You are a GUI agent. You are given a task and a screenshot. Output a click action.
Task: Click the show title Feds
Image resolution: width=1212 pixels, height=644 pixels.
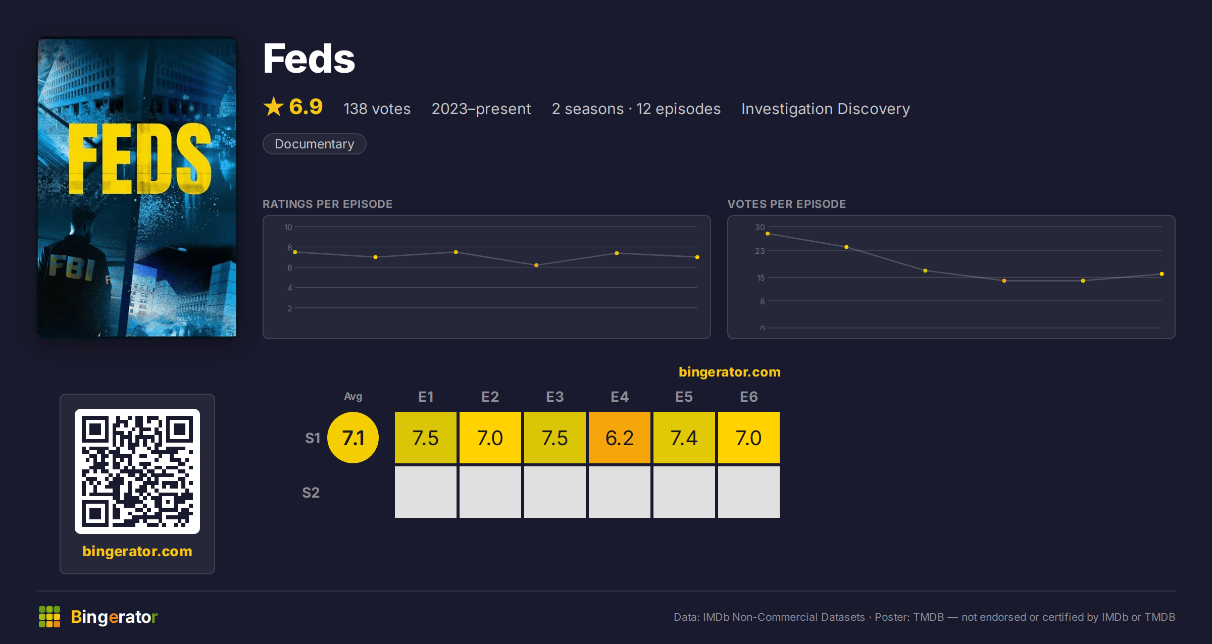309,59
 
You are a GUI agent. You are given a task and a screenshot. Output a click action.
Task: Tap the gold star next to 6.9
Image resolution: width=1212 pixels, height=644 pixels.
274,106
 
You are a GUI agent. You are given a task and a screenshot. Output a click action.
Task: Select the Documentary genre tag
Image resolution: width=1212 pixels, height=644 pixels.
314,144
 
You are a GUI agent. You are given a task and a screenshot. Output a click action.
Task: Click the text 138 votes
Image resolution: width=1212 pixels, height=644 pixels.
377,109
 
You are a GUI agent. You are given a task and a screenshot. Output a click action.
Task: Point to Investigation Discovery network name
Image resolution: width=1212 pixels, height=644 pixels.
825,109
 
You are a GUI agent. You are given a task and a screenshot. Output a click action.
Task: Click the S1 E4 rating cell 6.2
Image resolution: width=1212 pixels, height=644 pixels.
619,438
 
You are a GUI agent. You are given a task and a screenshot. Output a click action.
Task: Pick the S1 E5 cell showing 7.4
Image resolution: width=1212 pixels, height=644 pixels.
684,438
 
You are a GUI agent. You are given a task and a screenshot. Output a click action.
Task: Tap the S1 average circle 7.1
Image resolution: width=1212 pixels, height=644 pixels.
353,438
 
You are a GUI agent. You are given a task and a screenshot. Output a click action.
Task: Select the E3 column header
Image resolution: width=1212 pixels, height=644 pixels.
554,397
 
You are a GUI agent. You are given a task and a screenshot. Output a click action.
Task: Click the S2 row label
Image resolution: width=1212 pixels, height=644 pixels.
311,493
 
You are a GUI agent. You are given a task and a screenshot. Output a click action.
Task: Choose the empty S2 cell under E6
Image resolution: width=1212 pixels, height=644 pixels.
748,492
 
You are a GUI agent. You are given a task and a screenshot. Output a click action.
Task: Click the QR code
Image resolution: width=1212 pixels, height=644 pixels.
137,471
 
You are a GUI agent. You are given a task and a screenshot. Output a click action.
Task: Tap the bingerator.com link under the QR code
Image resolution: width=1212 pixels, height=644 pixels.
137,551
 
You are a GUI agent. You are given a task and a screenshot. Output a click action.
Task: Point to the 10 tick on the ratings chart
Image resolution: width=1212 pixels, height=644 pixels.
288,227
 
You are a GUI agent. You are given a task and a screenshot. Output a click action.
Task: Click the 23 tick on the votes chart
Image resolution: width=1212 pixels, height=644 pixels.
760,251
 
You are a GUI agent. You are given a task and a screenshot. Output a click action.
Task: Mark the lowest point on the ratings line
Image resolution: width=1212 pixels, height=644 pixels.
536,265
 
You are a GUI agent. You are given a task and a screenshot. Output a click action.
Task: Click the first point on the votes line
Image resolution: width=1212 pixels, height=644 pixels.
768,234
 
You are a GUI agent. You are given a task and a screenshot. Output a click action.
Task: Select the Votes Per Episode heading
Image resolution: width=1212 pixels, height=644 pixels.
786,204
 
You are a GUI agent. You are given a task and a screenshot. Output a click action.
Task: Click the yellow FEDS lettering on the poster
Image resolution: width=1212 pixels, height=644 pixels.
139,158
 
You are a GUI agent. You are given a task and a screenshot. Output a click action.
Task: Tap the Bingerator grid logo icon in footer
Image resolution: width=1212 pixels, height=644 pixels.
49,617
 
